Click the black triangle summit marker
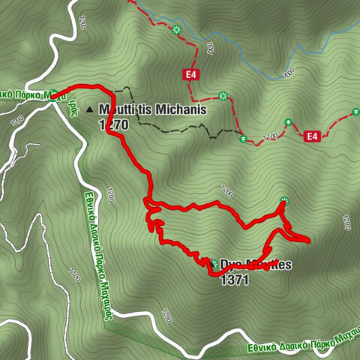tap(90, 109)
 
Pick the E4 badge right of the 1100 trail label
tap(313, 136)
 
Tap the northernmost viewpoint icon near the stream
tap(176, 30)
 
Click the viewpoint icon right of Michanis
tap(223, 95)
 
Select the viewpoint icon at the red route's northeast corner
tap(283, 200)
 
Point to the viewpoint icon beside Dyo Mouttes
tap(214, 264)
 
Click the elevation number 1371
tap(234, 279)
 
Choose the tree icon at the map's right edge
tap(355, 112)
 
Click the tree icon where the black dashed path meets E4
tap(242, 139)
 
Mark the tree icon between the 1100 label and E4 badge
tap(288, 121)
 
